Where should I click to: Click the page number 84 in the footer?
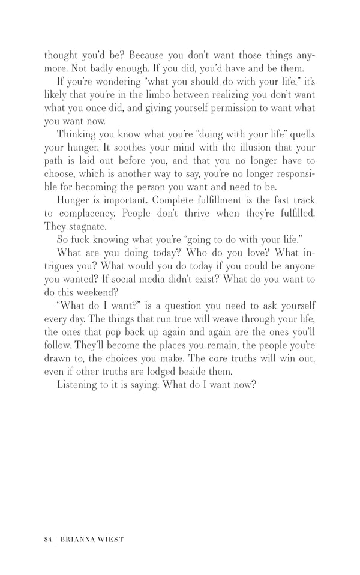coord(48,539)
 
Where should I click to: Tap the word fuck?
coord(82,240)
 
